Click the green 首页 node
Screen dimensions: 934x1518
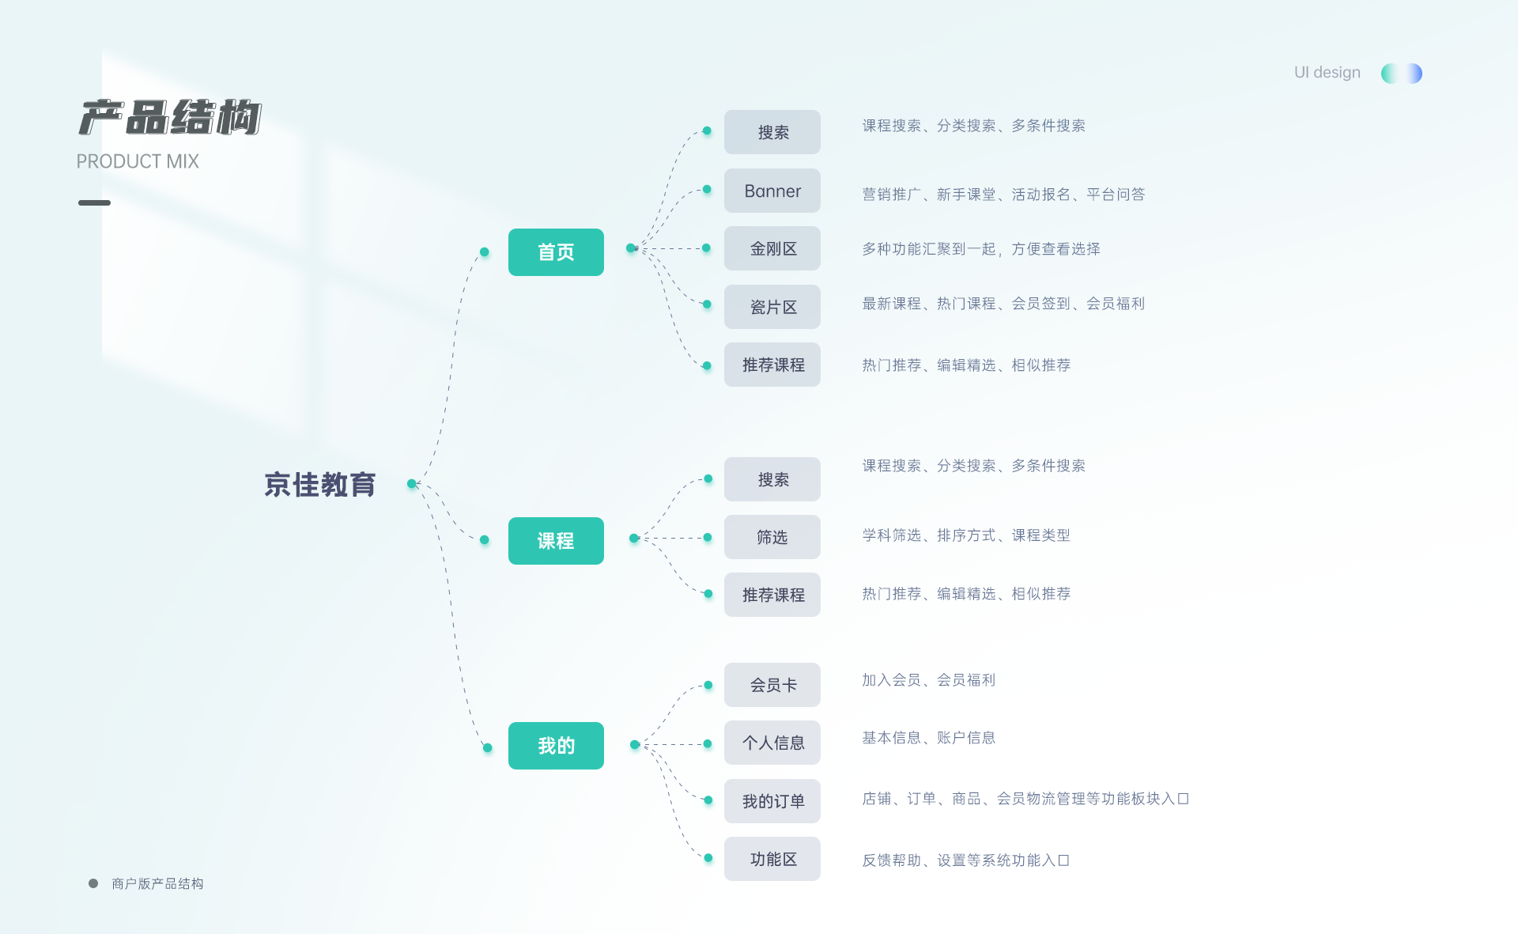556,252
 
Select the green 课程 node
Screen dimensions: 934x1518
556,541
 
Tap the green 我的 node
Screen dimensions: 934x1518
556,746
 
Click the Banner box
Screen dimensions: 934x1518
772,191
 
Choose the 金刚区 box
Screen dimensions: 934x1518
772,248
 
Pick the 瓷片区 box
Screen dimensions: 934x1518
772,307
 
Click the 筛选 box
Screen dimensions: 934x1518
772,537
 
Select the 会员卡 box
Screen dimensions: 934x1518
772,685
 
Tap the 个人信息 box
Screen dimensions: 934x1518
772,743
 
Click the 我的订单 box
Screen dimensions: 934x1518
772,801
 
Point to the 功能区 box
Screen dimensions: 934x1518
772,859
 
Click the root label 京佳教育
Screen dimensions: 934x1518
319,485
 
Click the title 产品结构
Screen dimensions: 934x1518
170,118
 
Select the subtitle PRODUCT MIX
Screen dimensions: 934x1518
138,161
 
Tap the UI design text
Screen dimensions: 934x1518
1327,72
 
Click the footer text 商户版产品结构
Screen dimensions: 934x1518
157,883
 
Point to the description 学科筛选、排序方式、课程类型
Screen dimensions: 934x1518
965,535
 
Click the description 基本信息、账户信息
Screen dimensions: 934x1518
928,738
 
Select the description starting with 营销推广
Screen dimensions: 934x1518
1003,195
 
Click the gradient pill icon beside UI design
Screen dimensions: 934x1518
1401,74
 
